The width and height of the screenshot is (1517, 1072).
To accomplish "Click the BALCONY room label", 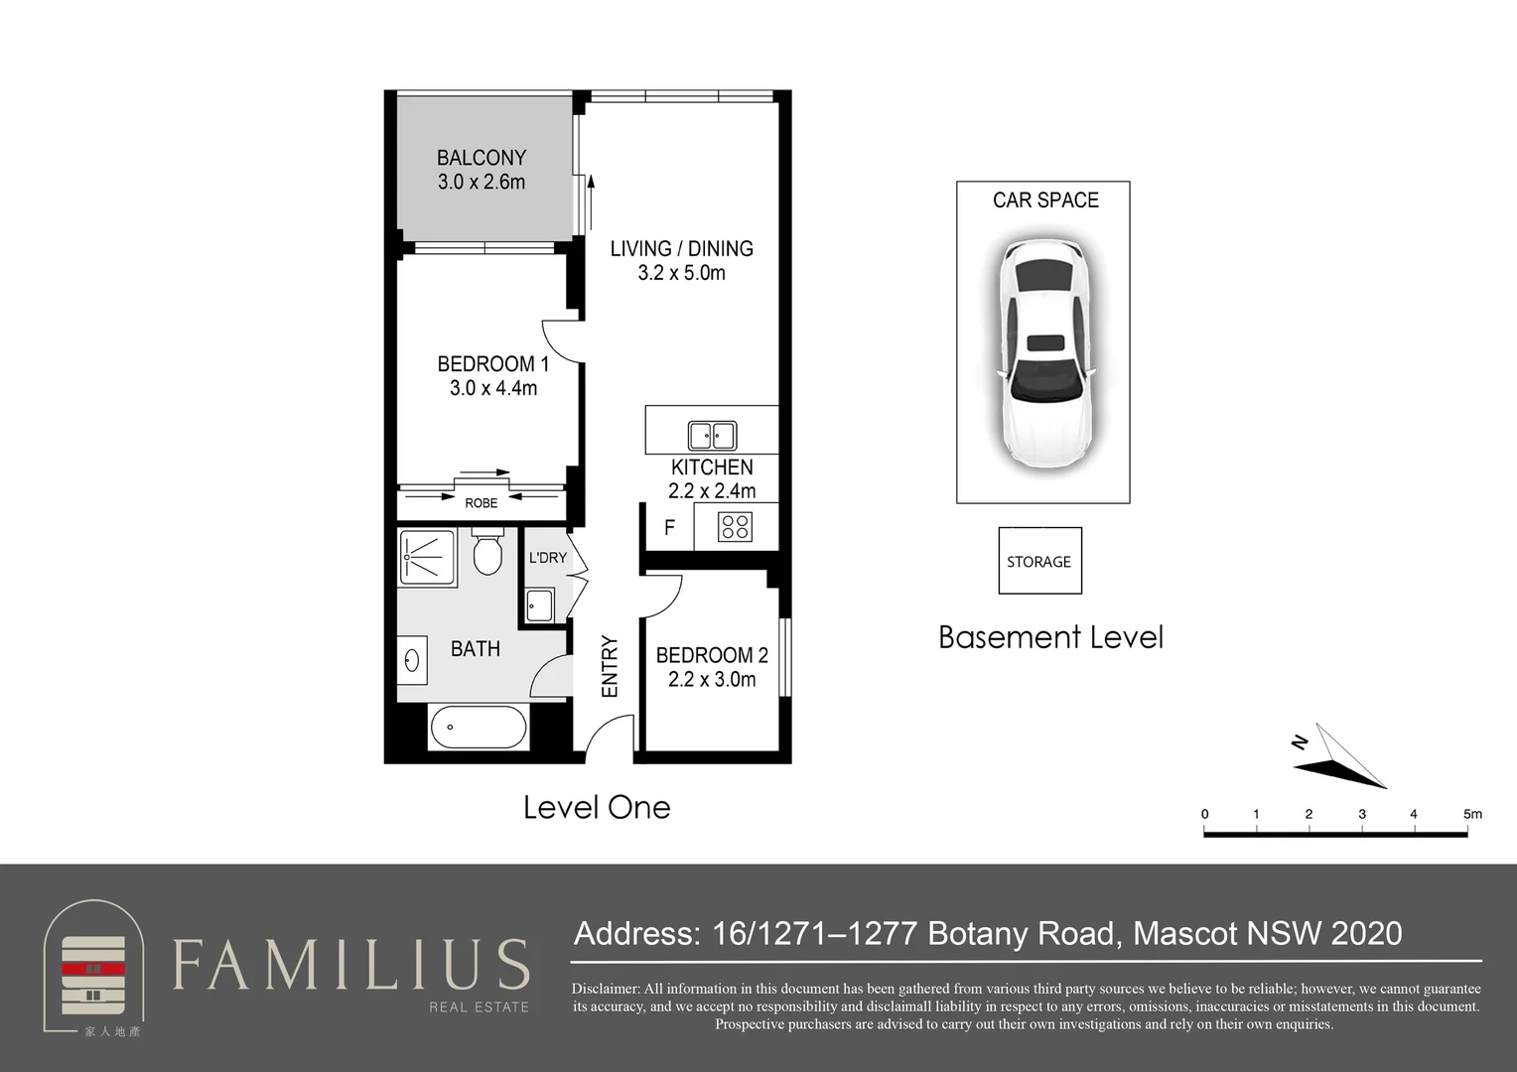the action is coord(481,158).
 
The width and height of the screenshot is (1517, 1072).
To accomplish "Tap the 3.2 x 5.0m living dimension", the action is coord(681,273).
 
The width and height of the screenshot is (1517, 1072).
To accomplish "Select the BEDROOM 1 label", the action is coord(493,364).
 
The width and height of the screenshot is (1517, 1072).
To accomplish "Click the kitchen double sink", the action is coord(712,436).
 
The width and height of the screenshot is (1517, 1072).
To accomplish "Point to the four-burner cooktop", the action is coord(735,527).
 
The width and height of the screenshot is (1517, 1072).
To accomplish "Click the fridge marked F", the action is coord(670,527).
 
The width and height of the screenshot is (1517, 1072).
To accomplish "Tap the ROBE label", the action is coord(481,503).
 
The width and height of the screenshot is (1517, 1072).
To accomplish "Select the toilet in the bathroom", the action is coord(486,552).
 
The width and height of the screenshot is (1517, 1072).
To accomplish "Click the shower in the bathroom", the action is coord(427,558).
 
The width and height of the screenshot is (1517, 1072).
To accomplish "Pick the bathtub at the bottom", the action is coord(479,728).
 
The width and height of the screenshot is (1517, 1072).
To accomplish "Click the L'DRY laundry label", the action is coord(547,558).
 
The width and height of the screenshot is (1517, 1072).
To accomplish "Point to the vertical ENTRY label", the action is coord(610,666).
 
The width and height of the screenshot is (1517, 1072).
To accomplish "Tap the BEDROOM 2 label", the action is coord(712,655).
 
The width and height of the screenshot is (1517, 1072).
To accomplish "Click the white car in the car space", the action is coord(1044,354).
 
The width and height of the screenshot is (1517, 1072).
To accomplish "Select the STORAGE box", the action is coord(1040,561).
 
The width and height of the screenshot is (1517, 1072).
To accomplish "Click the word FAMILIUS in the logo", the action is coord(350,965).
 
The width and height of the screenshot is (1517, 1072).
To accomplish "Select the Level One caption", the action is coord(597,808).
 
